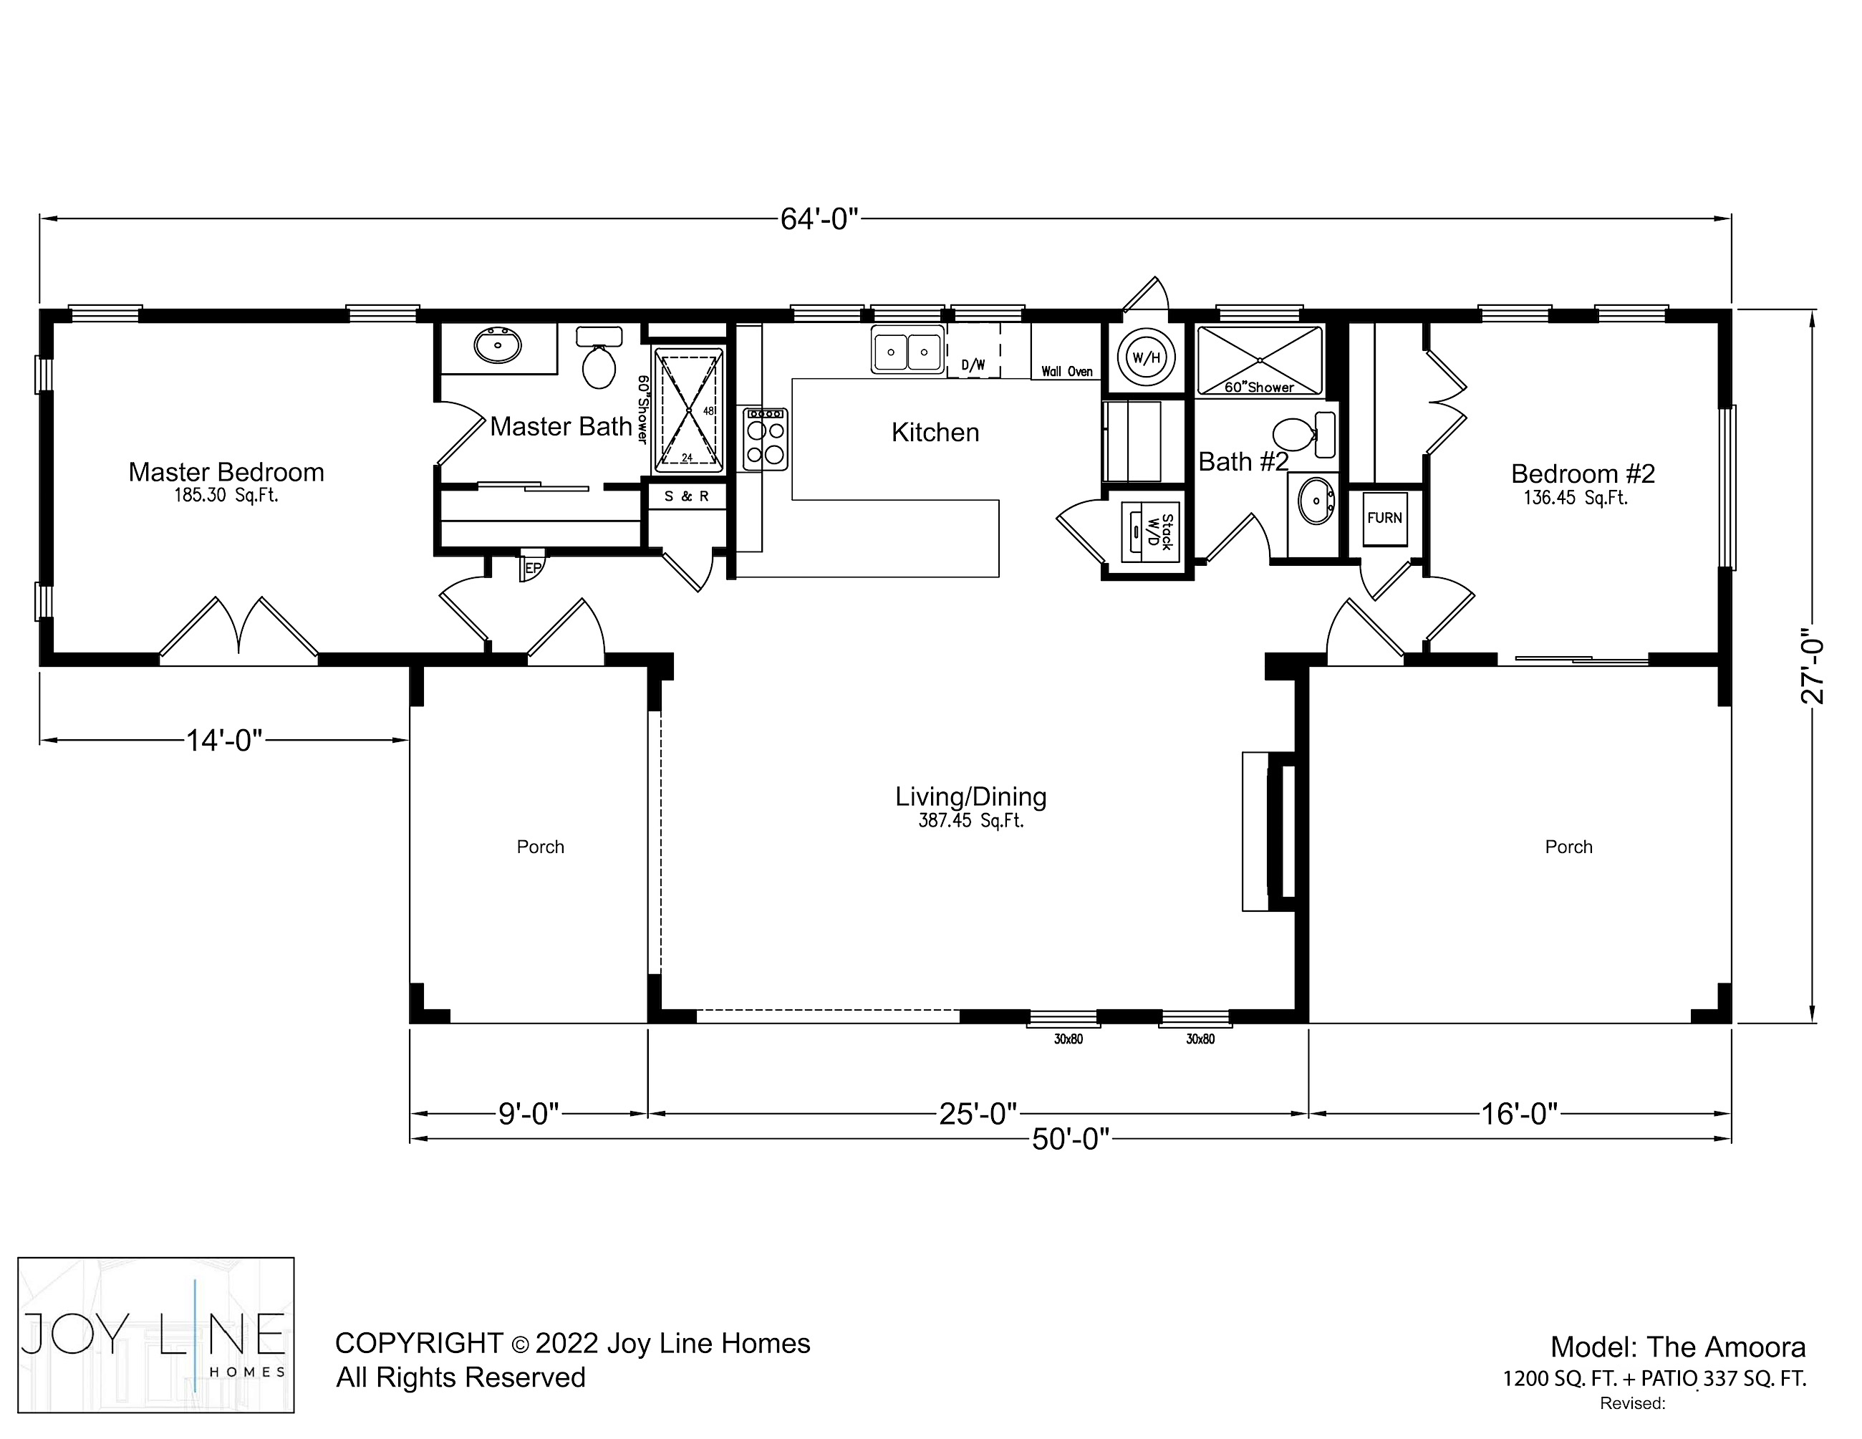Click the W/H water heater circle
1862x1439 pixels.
click(x=1147, y=357)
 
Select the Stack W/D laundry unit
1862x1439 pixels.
click(x=1149, y=533)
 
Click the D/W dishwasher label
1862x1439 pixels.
click(x=973, y=365)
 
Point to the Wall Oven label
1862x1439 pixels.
click(x=1066, y=372)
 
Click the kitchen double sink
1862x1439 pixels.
click(x=907, y=350)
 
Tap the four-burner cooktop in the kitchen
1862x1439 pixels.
click(x=766, y=439)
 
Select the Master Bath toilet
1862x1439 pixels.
click(x=599, y=357)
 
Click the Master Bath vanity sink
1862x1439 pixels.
click(x=497, y=345)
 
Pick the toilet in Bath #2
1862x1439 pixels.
click(x=1303, y=435)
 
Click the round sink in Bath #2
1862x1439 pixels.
click(x=1316, y=501)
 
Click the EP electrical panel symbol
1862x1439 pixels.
click(x=532, y=567)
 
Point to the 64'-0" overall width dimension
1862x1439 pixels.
click(x=819, y=219)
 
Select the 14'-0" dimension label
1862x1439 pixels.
click(x=224, y=740)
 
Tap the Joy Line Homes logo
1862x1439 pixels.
click(x=156, y=1334)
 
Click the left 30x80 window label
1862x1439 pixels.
click(x=1069, y=1039)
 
